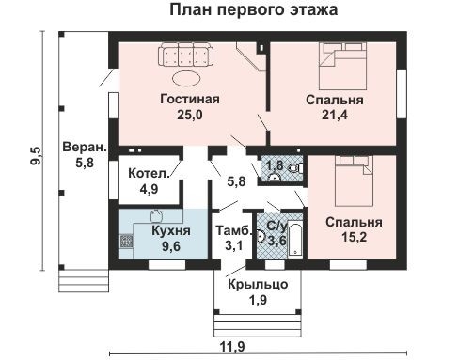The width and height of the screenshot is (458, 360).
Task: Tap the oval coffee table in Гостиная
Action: [x=184, y=78]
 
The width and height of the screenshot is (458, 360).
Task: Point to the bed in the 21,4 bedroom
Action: [x=340, y=60]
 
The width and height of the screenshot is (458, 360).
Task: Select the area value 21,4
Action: [x=335, y=115]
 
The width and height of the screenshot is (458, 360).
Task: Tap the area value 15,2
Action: [x=353, y=238]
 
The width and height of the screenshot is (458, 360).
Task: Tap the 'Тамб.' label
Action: [x=232, y=230]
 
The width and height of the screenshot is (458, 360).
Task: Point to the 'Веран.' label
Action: [x=83, y=148]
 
